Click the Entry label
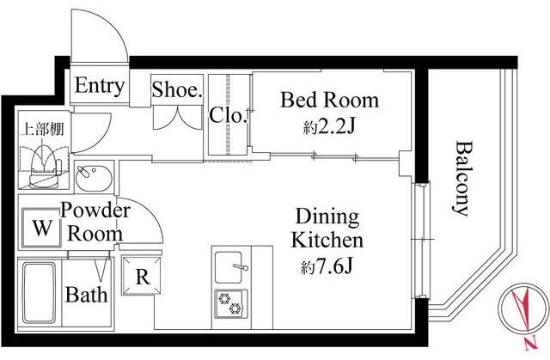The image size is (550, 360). click(100, 86)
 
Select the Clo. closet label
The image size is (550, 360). click(226, 114)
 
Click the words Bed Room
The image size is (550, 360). click(329, 100)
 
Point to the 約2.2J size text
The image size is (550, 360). click(329, 127)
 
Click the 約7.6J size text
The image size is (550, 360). click(327, 267)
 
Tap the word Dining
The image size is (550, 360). click(327, 217)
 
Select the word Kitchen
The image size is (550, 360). click(327, 241)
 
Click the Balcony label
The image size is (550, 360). click(461, 179)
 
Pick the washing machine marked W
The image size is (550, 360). click(41, 228)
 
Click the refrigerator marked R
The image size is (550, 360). click(141, 276)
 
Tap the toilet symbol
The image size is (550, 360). click(45, 168)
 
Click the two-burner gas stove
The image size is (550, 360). click(231, 304)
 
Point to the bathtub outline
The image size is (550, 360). click(40, 293)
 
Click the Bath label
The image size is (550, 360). click(86, 295)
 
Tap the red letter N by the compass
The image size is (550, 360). click(531, 344)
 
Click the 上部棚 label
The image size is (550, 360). click(42, 129)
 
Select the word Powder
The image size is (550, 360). click(95, 211)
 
